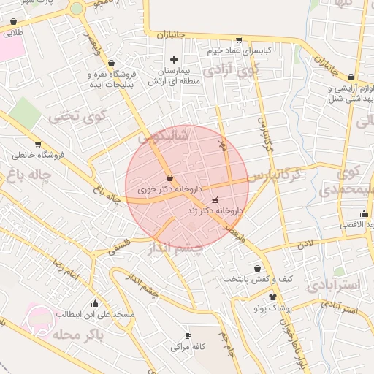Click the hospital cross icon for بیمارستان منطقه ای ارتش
click(x=173, y=58)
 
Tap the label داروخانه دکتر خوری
click(x=169, y=188)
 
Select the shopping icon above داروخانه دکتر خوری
click(x=170, y=178)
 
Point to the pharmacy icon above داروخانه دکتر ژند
click(x=215, y=199)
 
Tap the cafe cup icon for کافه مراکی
click(x=188, y=335)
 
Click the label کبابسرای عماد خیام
click(x=237, y=51)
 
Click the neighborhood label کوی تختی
click(x=77, y=115)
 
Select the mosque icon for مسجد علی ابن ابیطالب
click(x=95, y=303)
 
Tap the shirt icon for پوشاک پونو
click(x=272, y=297)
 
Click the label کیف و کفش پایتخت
click(x=247, y=278)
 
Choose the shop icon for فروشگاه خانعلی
click(x=37, y=144)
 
